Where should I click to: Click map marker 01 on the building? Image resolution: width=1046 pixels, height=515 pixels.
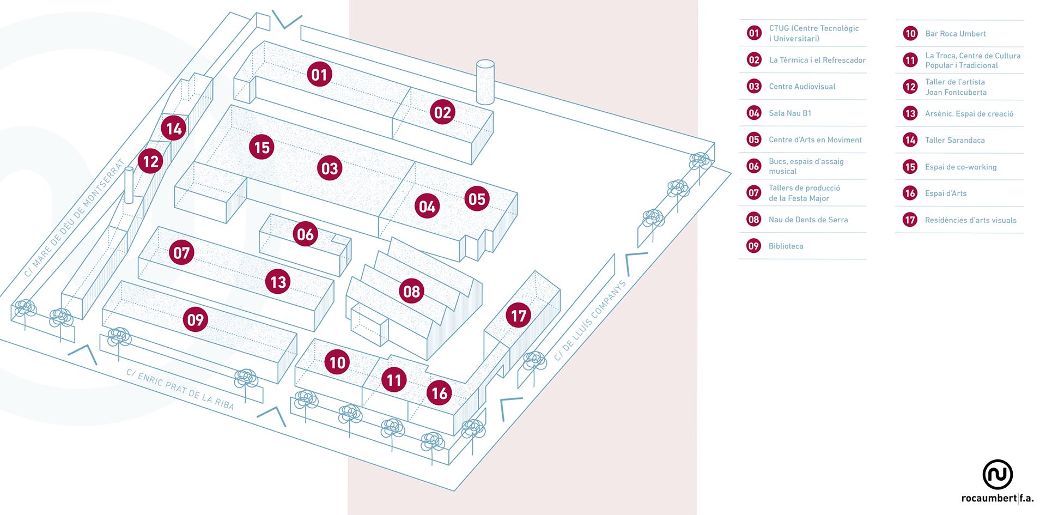tap(319, 75)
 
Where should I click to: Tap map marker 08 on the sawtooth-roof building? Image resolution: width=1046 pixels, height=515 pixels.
tap(411, 291)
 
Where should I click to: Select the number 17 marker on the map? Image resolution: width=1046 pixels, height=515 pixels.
tap(518, 316)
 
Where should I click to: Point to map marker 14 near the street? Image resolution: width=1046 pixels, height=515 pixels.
tap(174, 129)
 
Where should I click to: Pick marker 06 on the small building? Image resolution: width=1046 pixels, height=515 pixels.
tap(305, 234)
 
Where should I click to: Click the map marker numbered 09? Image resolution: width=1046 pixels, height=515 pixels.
tap(196, 319)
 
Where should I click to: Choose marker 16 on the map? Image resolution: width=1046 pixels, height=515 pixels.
tap(439, 393)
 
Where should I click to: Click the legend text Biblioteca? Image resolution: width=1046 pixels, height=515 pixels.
tap(786, 246)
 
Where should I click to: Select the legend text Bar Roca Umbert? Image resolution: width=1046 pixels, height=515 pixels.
tap(955, 34)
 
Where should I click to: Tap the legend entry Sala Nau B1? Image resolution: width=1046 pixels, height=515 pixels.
tap(790, 113)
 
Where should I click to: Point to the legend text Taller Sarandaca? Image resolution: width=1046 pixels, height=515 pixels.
tap(954, 140)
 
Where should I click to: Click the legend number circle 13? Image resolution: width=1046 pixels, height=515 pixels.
tap(910, 113)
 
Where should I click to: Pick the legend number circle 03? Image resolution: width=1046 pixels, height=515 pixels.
tap(754, 86)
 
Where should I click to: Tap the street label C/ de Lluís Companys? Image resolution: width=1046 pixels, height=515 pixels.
tap(589, 321)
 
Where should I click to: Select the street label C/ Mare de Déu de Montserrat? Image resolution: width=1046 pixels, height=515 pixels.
tap(75, 217)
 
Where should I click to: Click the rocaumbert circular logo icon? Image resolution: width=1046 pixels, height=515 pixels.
tap(997, 474)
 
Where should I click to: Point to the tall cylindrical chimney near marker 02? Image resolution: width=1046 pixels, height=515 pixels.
tap(485, 82)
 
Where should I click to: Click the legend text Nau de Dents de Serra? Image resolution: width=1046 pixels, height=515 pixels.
tap(808, 220)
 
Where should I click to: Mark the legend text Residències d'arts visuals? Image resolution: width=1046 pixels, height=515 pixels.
tap(970, 220)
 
